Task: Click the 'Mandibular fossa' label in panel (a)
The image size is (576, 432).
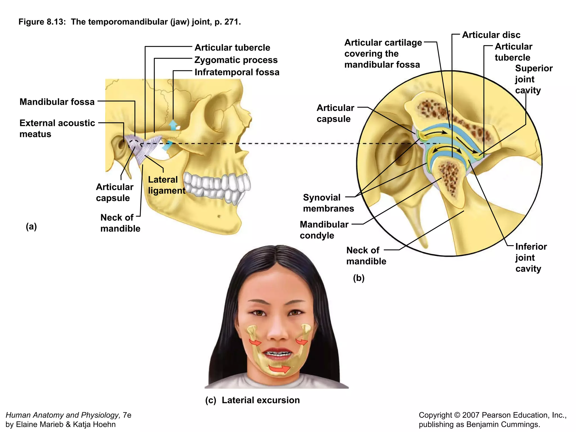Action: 57,102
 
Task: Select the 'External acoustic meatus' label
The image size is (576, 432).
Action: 57,128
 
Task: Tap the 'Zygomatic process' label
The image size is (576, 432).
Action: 236,60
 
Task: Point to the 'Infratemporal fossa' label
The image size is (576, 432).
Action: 237,72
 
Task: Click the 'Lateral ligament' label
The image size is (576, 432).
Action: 166,185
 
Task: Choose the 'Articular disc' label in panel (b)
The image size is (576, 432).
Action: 491,35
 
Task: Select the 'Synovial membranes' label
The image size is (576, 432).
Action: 328,203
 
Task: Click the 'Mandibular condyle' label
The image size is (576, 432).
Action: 324,230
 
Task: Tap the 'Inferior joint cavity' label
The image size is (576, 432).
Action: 531,257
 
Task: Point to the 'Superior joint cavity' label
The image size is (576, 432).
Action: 534,79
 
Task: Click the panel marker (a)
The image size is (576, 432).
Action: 31,226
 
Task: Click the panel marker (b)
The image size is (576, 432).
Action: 359,278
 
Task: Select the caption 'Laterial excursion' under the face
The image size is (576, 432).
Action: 260,400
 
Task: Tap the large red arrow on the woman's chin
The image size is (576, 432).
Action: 279,368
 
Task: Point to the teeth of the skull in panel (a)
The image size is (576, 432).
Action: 217,186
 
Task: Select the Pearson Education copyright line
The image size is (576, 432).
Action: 492,415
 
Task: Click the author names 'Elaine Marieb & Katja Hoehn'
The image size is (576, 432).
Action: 60,424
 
